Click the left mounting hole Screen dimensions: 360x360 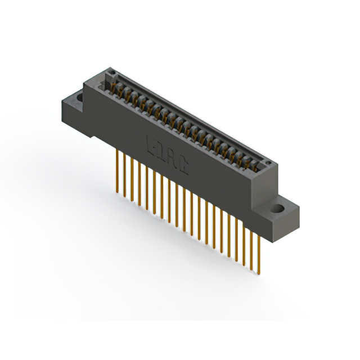(80, 98)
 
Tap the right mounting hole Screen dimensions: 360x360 (278, 210)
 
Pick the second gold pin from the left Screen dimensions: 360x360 (124, 174)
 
